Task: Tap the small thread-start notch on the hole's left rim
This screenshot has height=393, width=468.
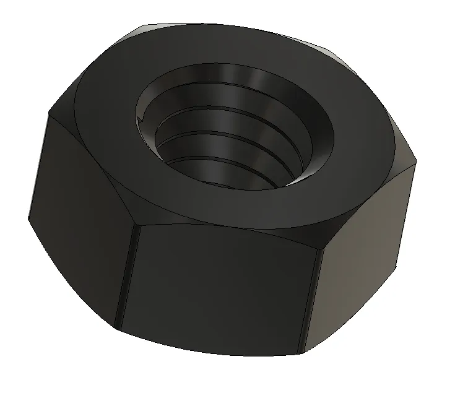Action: click(142, 116)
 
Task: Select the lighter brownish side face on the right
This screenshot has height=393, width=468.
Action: click(365, 248)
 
